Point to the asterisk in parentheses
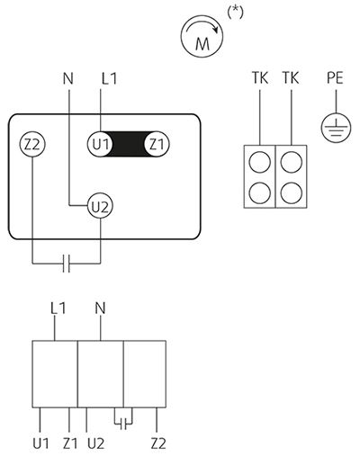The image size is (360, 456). click(235, 13)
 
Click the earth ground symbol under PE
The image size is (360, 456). click(336, 128)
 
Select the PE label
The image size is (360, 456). click(335, 77)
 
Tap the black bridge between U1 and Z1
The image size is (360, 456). click(129, 144)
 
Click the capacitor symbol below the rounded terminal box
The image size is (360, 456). click(67, 264)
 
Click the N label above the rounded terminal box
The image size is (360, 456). click(68, 78)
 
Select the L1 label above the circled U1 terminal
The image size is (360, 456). click(109, 78)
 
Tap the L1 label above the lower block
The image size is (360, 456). click(58, 308)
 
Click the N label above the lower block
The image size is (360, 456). click(100, 308)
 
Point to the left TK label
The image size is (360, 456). click(260, 78)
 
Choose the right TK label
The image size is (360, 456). click(291, 78)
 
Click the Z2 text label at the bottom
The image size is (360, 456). click(158, 443)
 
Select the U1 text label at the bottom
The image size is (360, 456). click(40, 443)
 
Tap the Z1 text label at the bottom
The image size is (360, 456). click(70, 443)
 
